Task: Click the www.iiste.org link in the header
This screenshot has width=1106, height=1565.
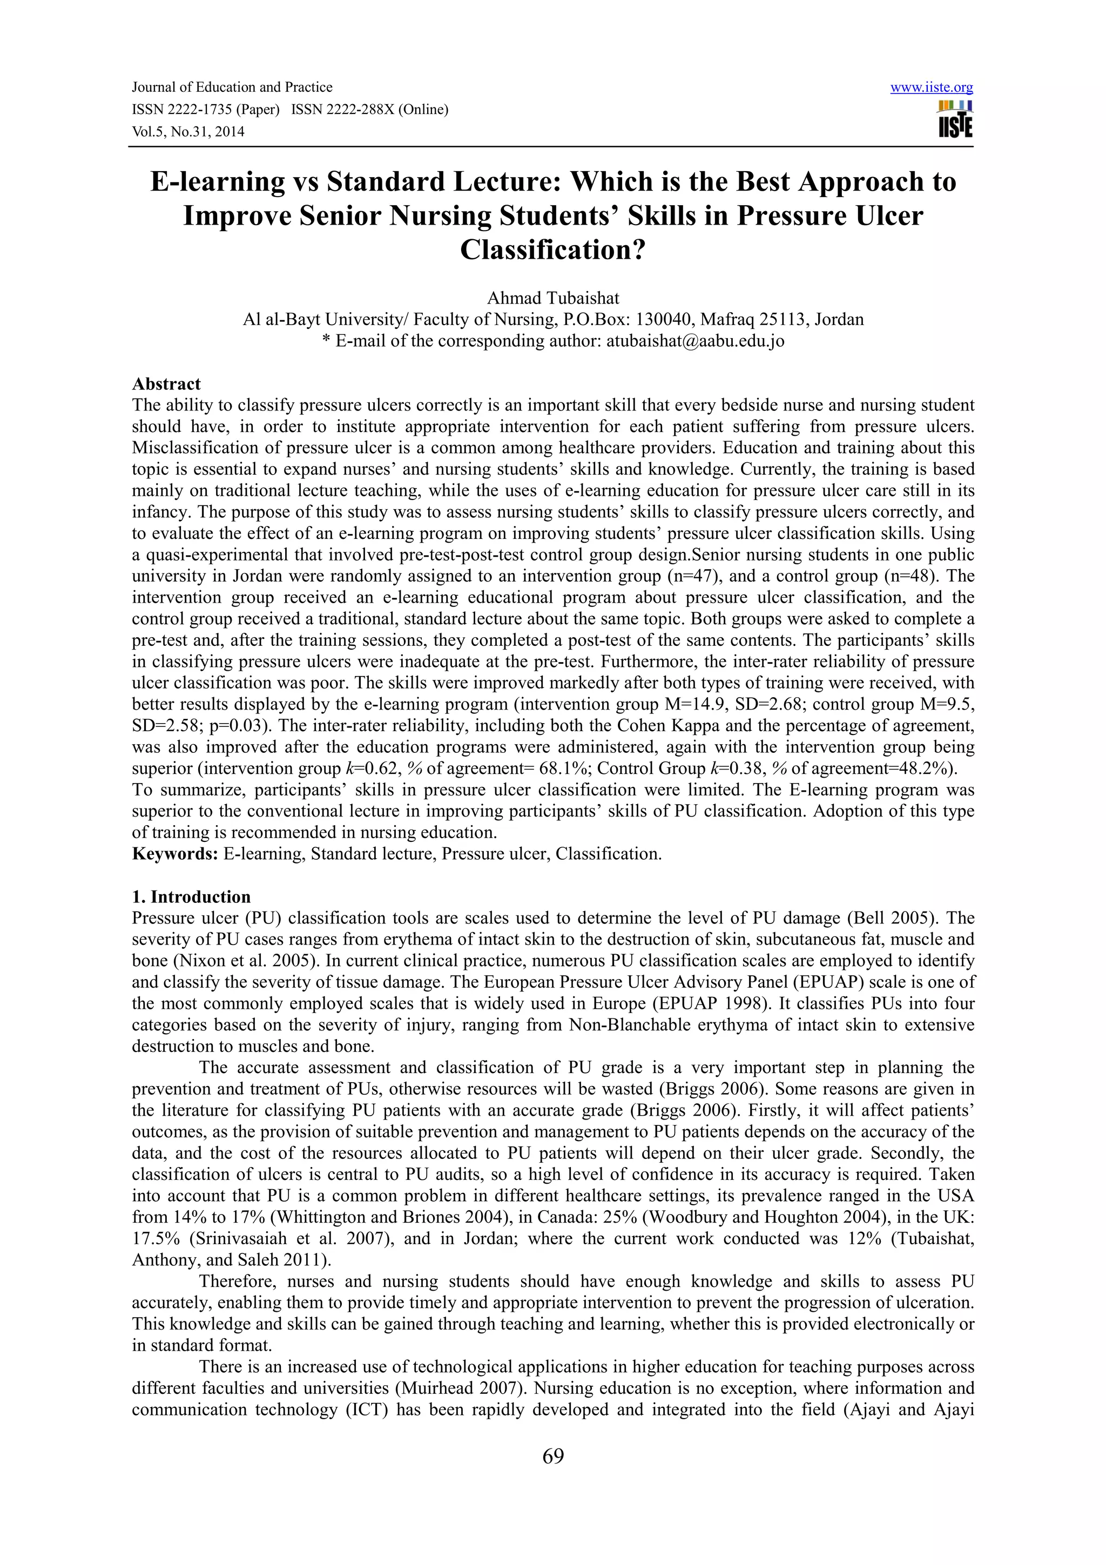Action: point(932,88)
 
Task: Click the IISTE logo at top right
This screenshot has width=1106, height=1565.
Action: point(955,120)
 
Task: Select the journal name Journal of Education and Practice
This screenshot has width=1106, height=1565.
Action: point(232,87)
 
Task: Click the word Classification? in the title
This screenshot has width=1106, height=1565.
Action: point(552,249)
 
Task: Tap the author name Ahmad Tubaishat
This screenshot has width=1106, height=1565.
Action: point(552,298)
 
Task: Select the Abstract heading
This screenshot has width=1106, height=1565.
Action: point(166,384)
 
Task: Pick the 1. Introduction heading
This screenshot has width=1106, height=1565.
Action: point(192,896)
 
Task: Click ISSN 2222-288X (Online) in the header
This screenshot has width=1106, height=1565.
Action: point(369,110)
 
